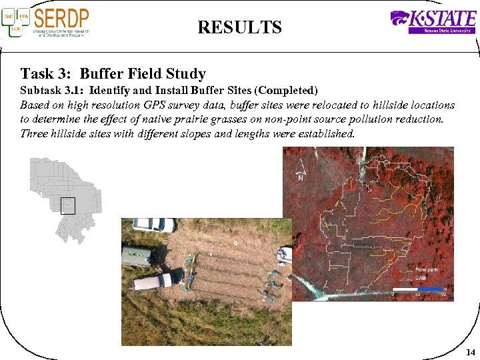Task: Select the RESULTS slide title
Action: [239, 27]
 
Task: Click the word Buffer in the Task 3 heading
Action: [102, 74]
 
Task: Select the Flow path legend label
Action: [426, 269]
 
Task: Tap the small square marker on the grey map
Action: [68, 205]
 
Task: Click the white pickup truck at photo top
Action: [153, 225]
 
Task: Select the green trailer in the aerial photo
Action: [137, 255]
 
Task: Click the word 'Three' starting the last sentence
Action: [34, 133]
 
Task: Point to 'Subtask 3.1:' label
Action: [53, 90]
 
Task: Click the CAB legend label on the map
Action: [421, 277]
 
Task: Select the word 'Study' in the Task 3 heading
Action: [186, 74]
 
